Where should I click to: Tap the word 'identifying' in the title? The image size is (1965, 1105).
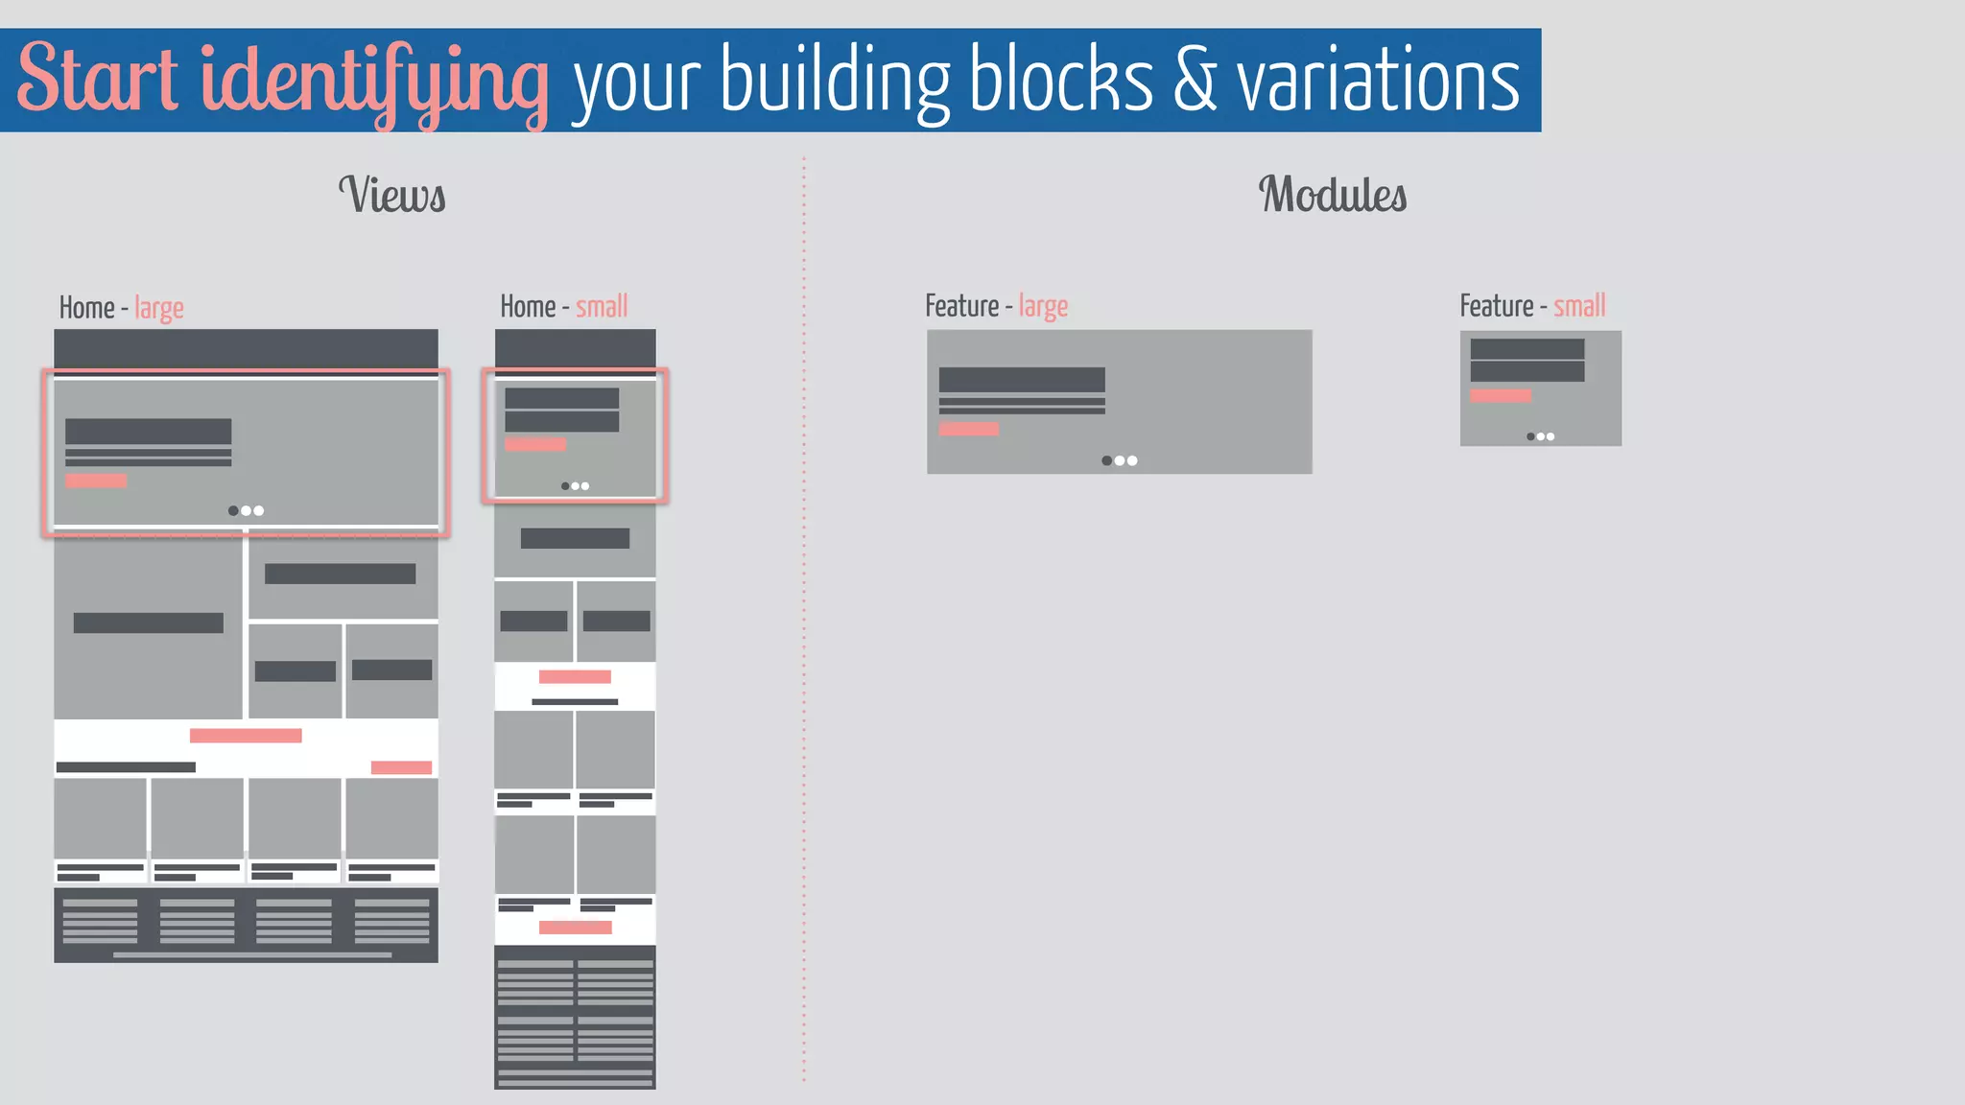click(374, 81)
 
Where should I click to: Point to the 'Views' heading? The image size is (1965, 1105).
click(392, 195)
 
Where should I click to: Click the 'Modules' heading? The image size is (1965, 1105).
click(1333, 195)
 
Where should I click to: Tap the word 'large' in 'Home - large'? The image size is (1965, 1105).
click(159, 309)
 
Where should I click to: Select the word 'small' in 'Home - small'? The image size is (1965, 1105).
click(602, 307)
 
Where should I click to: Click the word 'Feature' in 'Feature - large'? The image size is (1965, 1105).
click(962, 306)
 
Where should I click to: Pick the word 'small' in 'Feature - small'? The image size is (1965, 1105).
click(1579, 306)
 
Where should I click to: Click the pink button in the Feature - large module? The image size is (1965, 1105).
click(969, 429)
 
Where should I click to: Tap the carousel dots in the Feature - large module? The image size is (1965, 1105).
click(1120, 460)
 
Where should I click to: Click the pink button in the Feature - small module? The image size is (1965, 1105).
click(1501, 395)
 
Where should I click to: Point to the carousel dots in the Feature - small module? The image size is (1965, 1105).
click(1541, 436)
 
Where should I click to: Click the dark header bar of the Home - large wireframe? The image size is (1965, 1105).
click(246, 348)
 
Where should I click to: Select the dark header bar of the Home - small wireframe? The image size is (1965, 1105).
click(575, 348)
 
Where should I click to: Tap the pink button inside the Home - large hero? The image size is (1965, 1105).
click(96, 481)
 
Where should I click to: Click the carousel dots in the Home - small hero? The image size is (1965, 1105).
click(576, 486)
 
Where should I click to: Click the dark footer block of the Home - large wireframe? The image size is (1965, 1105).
click(246, 924)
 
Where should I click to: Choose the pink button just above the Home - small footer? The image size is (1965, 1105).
click(576, 928)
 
